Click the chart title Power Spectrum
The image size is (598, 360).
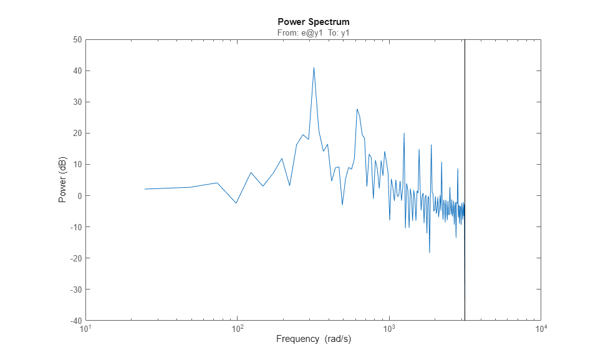(313, 22)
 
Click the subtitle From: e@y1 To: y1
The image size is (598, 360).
(313, 32)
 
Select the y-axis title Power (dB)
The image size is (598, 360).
(62, 180)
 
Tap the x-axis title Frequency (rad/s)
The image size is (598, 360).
(313, 339)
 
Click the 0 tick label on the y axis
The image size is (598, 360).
(80, 195)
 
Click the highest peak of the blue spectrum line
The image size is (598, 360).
(314, 68)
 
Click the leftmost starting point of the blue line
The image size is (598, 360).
(145, 189)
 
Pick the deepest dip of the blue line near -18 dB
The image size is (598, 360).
(430, 252)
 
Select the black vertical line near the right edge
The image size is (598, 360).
(465, 125)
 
